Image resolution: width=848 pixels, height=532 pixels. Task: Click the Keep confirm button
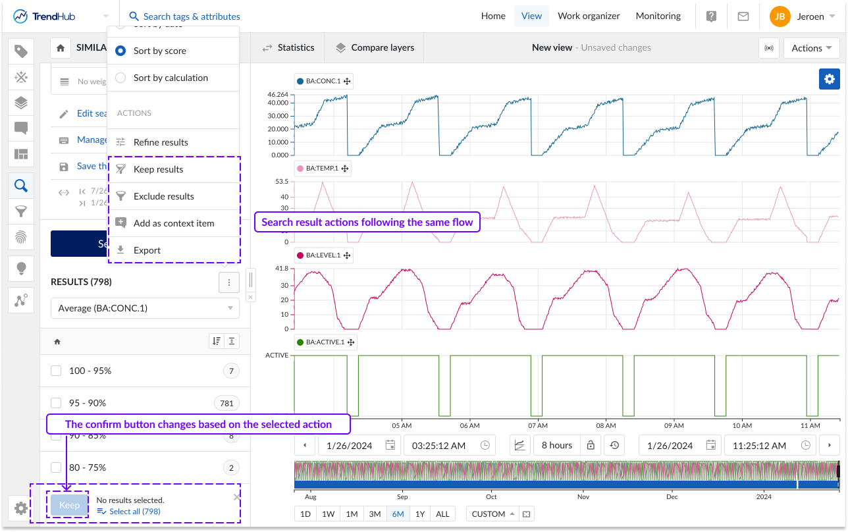(69, 505)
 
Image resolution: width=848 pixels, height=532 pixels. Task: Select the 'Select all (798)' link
(134, 511)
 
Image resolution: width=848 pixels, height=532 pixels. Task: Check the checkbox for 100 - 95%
(56, 371)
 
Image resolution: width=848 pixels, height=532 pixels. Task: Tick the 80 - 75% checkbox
(56, 467)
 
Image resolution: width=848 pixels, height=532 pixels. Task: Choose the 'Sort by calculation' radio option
(120, 78)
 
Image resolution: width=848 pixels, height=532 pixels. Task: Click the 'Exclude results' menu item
(163, 196)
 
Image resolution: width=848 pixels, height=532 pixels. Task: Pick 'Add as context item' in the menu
(173, 223)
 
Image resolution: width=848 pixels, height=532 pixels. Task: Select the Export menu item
(147, 250)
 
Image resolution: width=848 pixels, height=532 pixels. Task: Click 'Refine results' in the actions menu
(161, 142)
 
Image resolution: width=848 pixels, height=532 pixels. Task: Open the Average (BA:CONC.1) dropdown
(145, 308)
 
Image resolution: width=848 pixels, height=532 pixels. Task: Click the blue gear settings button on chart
(829, 79)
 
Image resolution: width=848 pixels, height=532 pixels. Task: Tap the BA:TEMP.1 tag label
(323, 169)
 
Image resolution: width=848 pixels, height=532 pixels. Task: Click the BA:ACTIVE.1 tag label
(325, 342)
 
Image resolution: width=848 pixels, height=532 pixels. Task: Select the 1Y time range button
(419, 514)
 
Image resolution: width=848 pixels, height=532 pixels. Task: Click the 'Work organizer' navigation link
(589, 16)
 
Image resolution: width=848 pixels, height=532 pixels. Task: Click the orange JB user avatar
(780, 16)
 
